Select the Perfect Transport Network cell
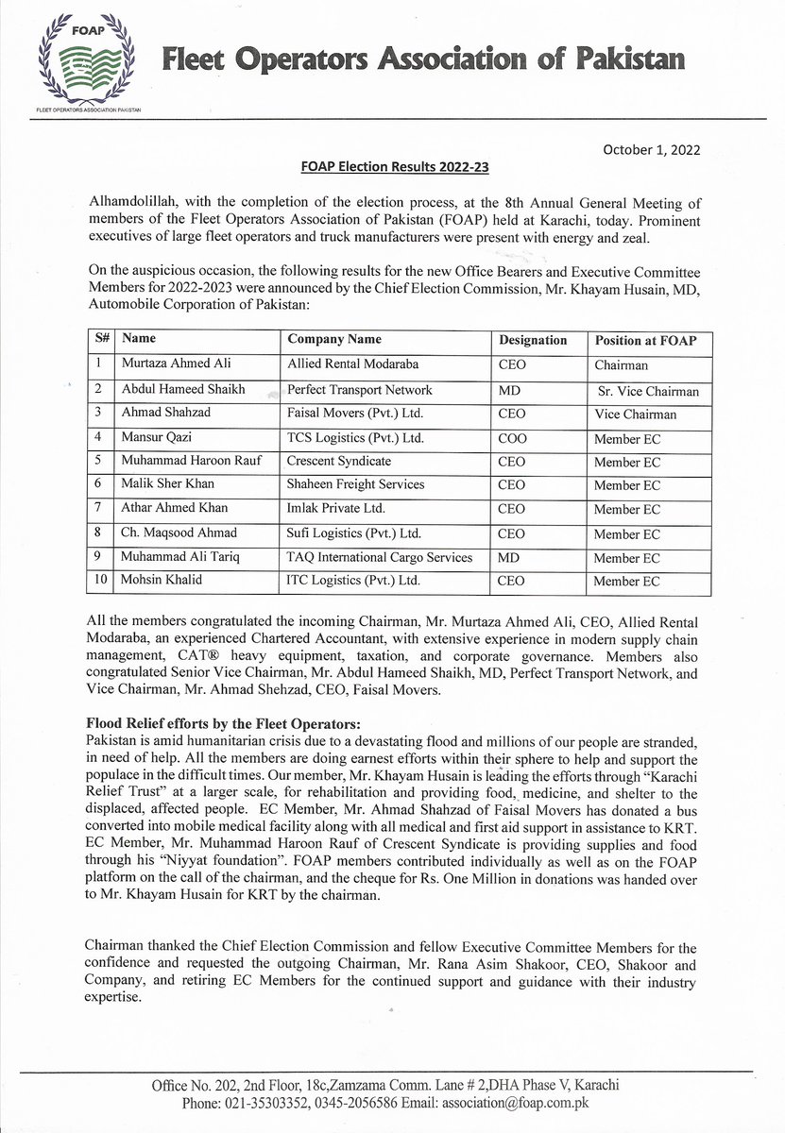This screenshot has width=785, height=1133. pyautogui.click(x=360, y=389)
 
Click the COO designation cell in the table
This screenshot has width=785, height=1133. pyautogui.click(x=511, y=438)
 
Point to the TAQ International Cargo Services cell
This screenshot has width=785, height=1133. pyautogui.click(x=380, y=557)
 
